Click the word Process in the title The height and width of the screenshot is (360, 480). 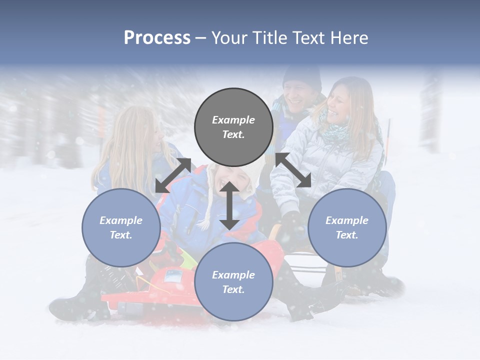click(157, 38)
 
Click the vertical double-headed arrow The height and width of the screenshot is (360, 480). click(229, 205)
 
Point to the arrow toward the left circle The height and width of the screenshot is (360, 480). click(173, 175)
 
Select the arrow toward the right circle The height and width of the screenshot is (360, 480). click(293, 170)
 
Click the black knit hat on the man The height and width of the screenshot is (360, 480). click(302, 76)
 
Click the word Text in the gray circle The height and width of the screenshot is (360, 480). click(233, 134)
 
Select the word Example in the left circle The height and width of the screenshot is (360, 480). click(121, 220)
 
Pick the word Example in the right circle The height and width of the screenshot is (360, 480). click(347, 220)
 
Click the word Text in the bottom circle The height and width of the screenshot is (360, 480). click(233, 289)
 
